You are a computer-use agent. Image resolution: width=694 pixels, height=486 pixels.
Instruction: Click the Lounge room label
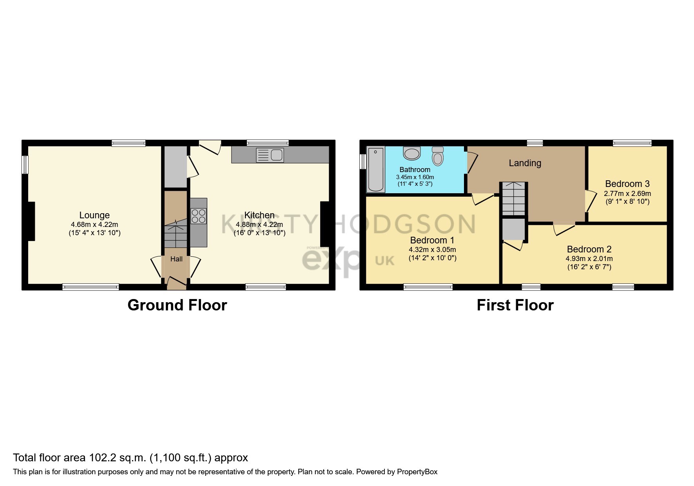94,215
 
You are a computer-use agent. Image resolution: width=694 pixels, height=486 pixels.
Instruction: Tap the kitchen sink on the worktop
270,155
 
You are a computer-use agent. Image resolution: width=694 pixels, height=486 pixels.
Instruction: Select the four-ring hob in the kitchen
198,216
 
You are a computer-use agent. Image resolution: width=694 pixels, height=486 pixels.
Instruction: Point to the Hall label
176,259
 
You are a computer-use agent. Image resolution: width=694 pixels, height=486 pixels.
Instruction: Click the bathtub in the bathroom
375,169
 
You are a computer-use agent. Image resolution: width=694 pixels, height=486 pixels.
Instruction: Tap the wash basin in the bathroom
411,153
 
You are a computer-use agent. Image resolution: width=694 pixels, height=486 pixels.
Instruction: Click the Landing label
525,163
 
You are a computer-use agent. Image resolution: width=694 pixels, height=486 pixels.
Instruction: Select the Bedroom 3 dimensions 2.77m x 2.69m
627,194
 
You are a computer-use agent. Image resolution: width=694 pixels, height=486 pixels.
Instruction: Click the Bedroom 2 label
589,249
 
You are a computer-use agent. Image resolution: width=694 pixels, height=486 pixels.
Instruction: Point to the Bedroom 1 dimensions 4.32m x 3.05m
432,250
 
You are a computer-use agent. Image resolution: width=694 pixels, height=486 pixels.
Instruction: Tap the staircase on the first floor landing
513,198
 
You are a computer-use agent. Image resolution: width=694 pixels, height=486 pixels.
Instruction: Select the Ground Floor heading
177,305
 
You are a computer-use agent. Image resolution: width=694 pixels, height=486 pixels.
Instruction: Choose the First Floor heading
515,305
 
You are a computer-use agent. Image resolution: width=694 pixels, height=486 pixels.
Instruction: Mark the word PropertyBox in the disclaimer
417,472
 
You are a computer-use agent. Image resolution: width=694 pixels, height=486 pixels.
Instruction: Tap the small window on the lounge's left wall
25,165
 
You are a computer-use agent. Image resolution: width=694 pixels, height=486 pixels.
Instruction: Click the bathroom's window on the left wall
363,161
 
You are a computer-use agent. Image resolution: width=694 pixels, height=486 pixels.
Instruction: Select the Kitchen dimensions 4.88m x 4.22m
259,225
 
